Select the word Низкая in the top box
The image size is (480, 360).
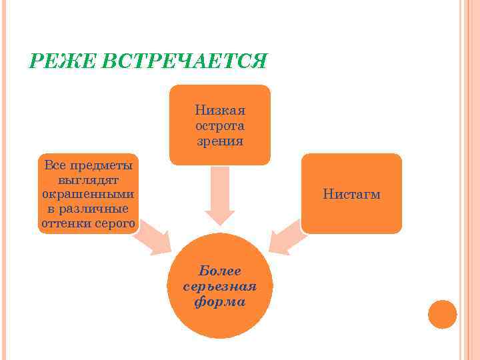point(220,110)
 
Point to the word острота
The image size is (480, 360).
point(220,125)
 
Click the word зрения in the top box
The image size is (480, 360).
point(220,141)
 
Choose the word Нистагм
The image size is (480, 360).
point(351,195)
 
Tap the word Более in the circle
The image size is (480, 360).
point(219,271)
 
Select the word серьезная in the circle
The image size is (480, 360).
point(219,286)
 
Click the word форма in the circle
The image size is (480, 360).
point(219,301)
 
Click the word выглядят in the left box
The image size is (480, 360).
point(88,179)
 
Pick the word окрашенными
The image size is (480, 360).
point(88,194)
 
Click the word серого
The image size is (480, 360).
point(115,223)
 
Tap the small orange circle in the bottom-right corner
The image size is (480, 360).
point(442,314)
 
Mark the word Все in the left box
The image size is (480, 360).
point(53,165)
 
